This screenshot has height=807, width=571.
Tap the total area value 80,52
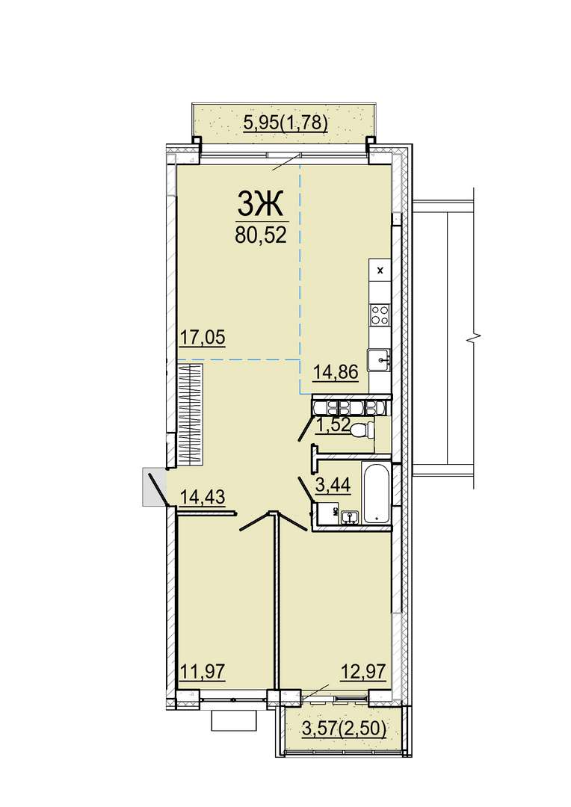tap(260, 235)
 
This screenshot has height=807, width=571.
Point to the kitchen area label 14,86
tap(336, 371)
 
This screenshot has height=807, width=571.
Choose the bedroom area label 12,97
tap(363, 672)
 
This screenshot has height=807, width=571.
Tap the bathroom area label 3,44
tap(333, 485)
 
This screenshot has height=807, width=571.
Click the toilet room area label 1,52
tap(333, 425)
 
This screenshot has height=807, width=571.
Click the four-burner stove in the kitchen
tap(380, 315)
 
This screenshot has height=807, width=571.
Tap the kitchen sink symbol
tap(380, 359)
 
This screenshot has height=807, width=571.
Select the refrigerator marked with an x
tap(380, 270)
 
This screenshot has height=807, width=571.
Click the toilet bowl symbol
tap(362, 429)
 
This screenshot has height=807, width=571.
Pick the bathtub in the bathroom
tap(377, 494)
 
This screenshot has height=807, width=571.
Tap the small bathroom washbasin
tap(351, 516)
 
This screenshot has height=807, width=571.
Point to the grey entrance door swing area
tap(155, 486)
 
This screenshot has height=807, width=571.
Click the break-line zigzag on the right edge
tap(472, 339)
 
